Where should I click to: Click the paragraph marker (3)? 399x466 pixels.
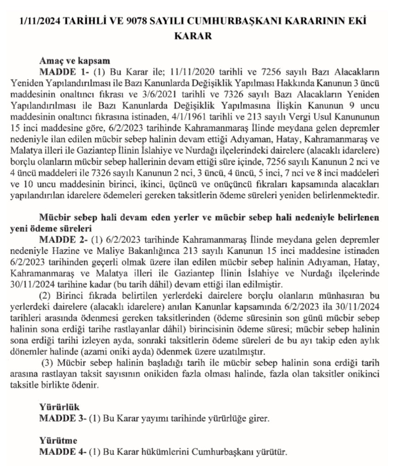pos(47,363)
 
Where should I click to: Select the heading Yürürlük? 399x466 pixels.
pos(56,408)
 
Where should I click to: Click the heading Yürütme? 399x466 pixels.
pos(56,441)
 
